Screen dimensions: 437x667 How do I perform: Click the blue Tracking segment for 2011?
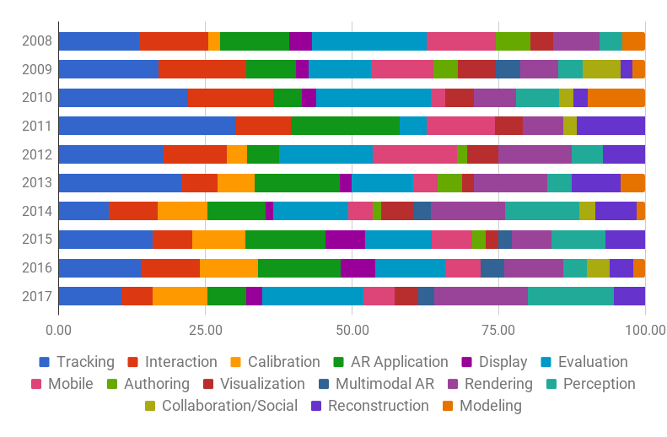[x=147, y=126]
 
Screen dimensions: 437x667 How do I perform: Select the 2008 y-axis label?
[x=37, y=40]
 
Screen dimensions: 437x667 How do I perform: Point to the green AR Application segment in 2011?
[x=345, y=126]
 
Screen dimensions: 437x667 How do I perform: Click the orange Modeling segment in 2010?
[x=616, y=97]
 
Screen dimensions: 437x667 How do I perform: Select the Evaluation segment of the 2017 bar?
[x=313, y=296]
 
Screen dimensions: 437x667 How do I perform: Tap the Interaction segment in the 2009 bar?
[x=202, y=69]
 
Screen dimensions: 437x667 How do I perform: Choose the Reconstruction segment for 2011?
[x=611, y=126]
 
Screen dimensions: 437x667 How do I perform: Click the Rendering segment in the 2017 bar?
[x=481, y=296]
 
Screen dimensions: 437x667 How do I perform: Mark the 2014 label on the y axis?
[x=37, y=211]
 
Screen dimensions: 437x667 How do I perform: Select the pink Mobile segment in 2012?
[x=414, y=154]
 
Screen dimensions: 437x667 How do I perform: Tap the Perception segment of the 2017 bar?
[x=570, y=296]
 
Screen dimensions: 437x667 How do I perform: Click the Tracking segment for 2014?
[x=83, y=211]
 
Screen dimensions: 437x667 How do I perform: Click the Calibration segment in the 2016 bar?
[x=229, y=267]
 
